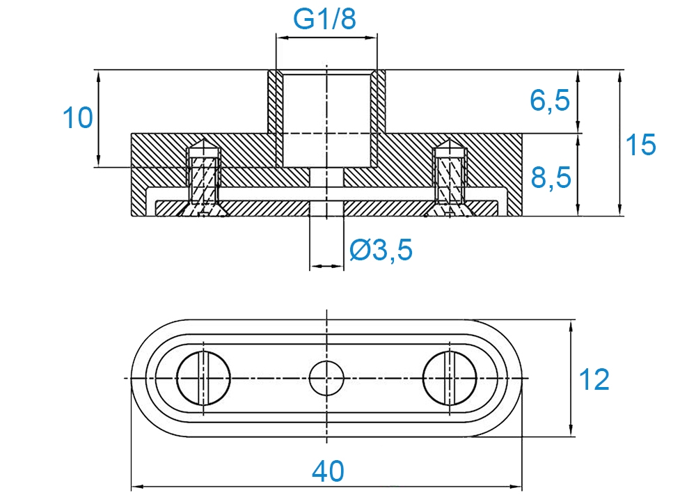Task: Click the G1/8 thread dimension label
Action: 324,19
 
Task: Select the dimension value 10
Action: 78,118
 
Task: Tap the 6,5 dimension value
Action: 550,100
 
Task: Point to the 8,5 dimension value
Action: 551,178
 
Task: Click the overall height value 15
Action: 640,145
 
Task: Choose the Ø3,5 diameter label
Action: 381,249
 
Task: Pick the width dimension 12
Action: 594,380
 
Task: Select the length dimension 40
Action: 328,471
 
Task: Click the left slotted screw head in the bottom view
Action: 203,378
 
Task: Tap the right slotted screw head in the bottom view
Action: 450,378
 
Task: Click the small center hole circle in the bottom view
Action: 326,378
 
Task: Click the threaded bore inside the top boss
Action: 326,119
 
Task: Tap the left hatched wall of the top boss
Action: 271,101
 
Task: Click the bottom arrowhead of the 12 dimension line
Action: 571,429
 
